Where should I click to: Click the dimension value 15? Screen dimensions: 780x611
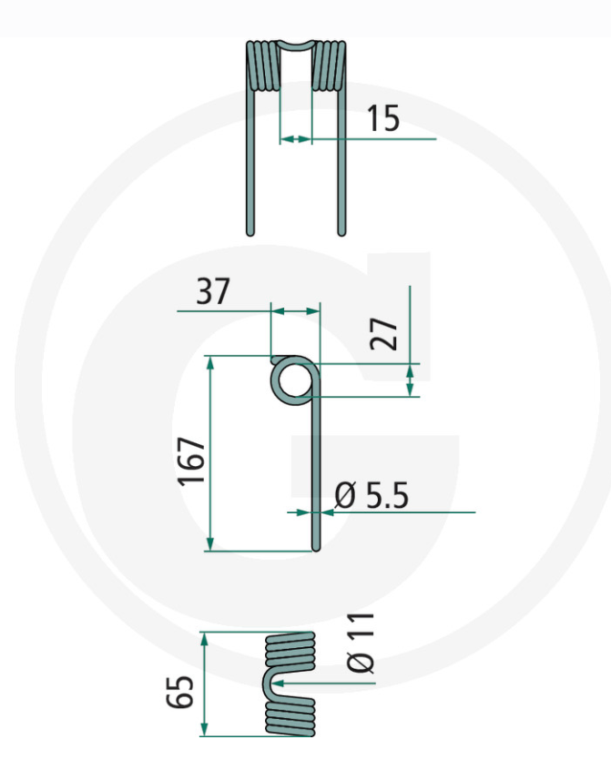point(382,117)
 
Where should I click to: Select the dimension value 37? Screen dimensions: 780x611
point(214,292)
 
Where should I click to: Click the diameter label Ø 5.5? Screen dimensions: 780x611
point(372,496)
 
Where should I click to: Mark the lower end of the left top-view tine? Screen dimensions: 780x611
point(250,229)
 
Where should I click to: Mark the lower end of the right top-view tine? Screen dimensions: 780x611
point(342,229)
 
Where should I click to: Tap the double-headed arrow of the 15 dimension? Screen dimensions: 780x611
point(295,139)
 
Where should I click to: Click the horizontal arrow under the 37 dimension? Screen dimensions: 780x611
point(296,311)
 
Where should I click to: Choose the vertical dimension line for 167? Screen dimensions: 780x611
point(210,453)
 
